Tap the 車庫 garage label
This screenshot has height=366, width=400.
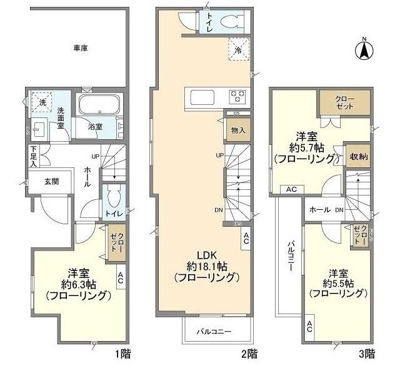click(79, 48)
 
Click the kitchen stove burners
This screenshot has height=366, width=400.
click(238, 97)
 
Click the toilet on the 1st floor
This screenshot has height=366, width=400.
click(113, 201)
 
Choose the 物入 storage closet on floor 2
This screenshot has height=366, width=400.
click(238, 130)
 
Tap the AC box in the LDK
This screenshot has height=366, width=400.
click(246, 237)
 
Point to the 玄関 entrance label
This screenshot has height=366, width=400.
click(51, 182)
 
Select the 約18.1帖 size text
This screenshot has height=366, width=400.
click(206, 266)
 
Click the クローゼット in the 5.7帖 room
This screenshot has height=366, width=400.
click(344, 102)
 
